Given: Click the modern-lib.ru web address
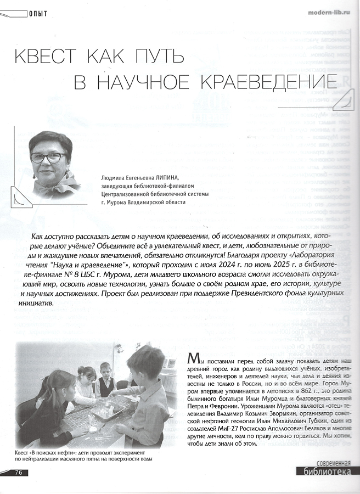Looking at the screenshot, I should pos(327,12).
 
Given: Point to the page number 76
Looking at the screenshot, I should pos(18,472).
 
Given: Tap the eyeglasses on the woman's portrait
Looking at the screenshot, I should pos(47,158).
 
